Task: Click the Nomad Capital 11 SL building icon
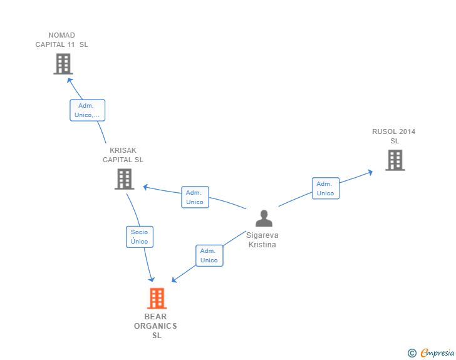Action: [63, 64]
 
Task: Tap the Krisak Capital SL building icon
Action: [124, 179]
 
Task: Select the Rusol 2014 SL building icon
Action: [395, 160]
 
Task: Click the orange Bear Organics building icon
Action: [157, 299]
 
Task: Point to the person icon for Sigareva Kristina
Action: [264, 219]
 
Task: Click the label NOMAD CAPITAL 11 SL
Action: [61, 40]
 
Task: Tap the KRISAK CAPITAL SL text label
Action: [123, 155]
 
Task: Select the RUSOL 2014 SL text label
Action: [394, 136]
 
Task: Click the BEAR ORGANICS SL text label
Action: [156, 326]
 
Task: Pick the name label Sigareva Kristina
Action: [262, 240]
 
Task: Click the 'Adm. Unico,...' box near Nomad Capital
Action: [87, 110]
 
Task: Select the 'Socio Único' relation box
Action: [140, 237]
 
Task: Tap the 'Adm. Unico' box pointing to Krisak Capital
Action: [195, 197]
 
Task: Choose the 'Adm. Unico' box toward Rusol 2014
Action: [325, 188]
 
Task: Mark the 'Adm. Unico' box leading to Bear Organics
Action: [209, 255]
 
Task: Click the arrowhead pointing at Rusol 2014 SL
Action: [371, 170]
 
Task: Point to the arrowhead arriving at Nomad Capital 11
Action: [70, 80]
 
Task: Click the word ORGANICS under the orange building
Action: [156, 326]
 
